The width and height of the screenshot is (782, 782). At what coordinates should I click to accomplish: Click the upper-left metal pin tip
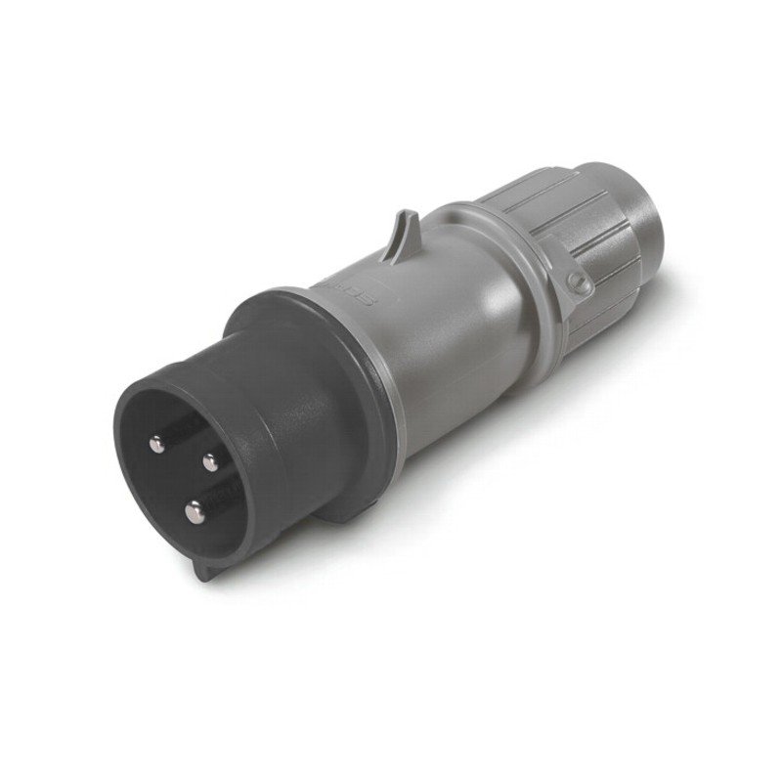point(157,445)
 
